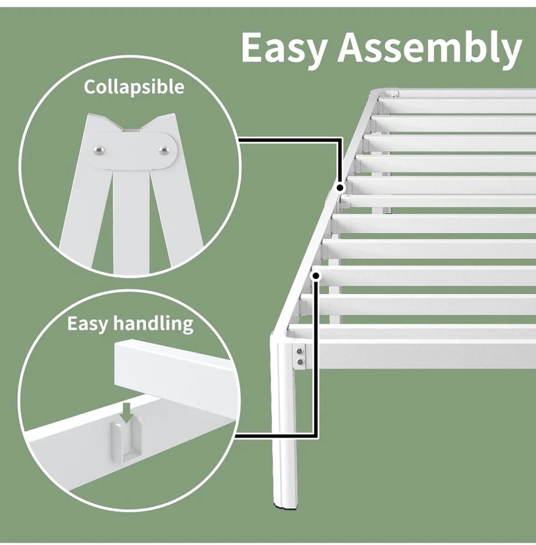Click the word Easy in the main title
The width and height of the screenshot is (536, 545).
tap(283, 48)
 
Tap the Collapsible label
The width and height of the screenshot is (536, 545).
tap(134, 86)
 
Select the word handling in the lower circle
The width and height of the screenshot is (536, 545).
tap(153, 324)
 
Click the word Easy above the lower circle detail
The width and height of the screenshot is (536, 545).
tap(88, 323)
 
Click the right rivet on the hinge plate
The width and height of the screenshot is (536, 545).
tap(163, 149)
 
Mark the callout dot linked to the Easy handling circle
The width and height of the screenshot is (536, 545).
tap(315, 276)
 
